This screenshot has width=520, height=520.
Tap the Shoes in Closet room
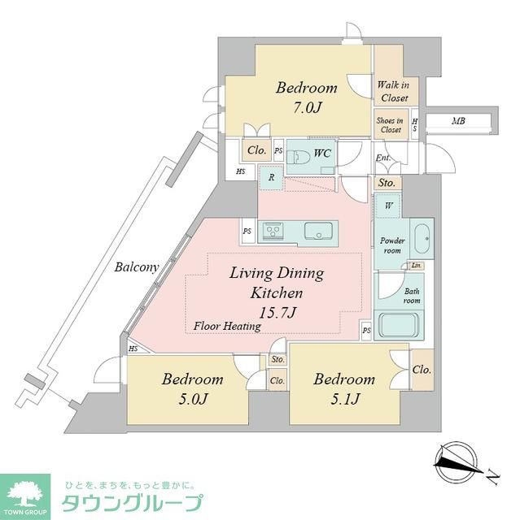(x=388, y=125)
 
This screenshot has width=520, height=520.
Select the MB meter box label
(x=459, y=122)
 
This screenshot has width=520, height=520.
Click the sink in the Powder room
(x=422, y=239)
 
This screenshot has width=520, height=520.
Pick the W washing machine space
(x=388, y=206)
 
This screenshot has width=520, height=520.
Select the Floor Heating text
(x=227, y=327)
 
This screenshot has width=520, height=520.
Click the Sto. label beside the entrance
(x=386, y=183)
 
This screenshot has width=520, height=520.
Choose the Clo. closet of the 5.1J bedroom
(x=422, y=370)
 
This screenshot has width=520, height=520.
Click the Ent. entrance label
(x=382, y=158)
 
